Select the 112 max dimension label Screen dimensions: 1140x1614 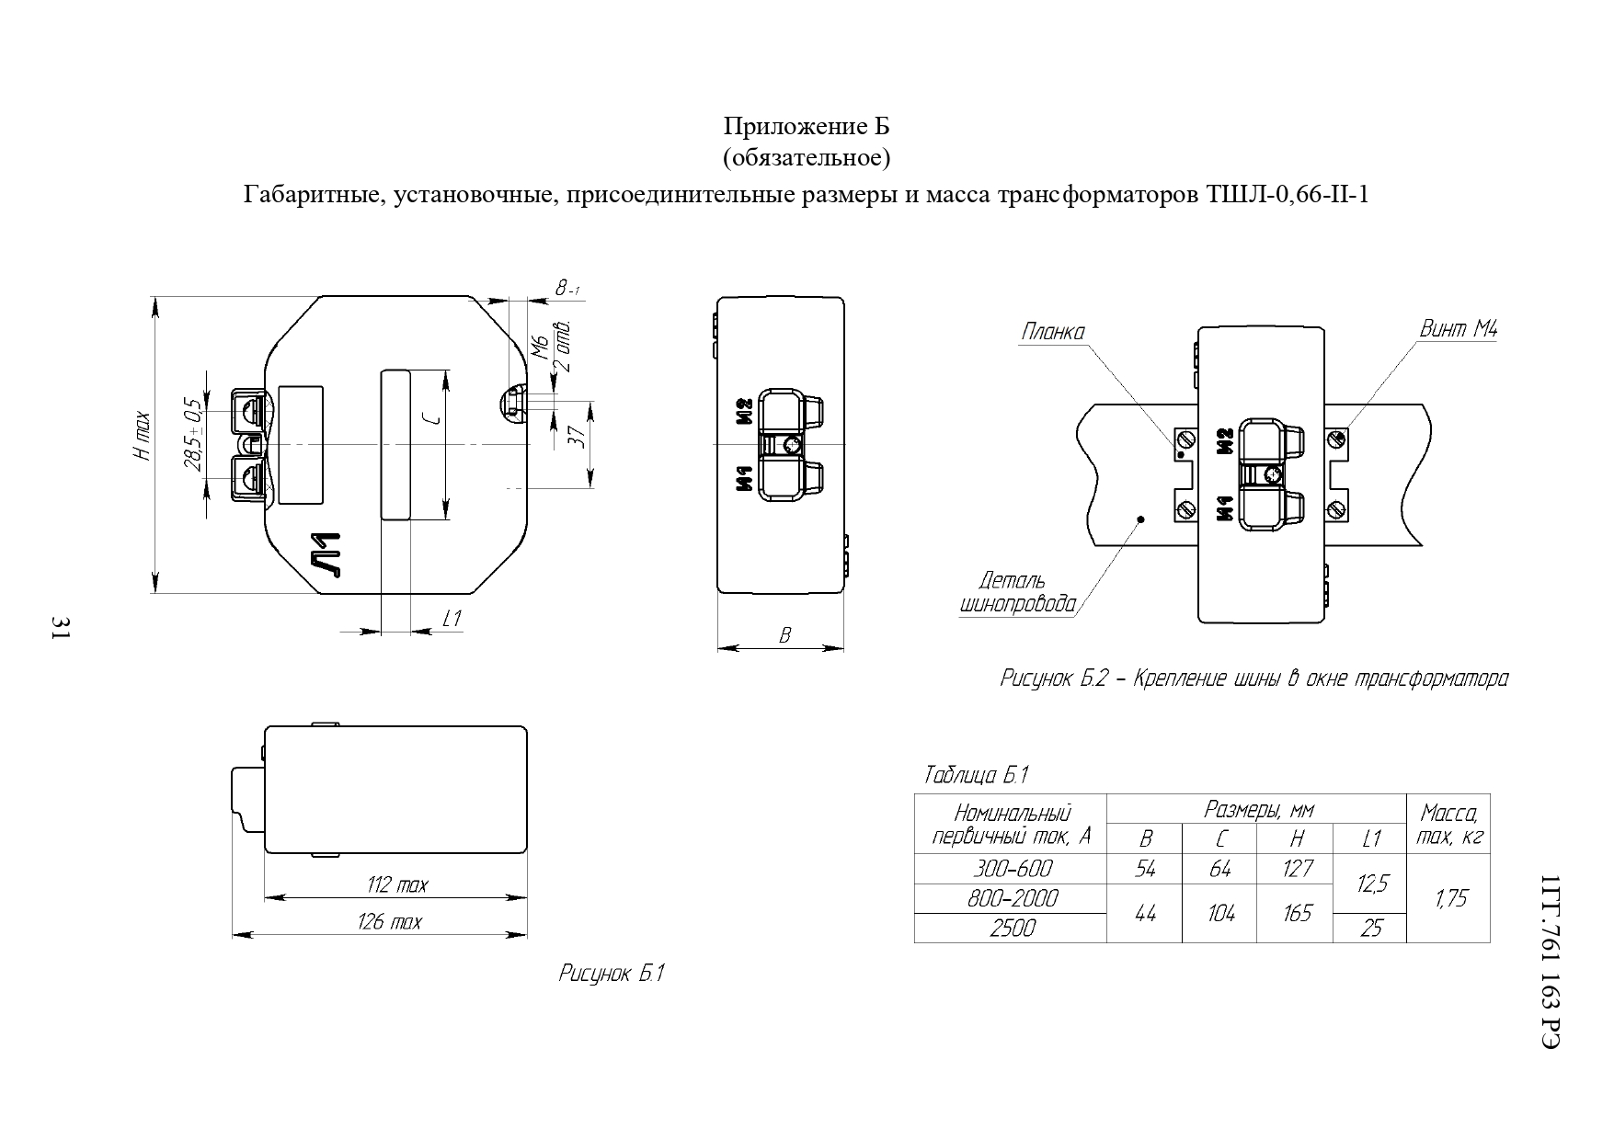[x=396, y=885]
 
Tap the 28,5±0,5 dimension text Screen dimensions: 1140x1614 [x=192, y=435]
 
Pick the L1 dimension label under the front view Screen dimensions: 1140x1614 [x=452, y=619]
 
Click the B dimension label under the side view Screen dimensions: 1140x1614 [x=784, y=635]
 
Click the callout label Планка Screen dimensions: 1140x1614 [x=1052, y=332]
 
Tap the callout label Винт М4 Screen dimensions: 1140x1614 [x=1458, y=328]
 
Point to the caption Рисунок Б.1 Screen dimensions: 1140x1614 [x=612, y=974]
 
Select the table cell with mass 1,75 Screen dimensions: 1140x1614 [x=1450, y=898]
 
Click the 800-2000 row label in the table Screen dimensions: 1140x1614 [x=1012, y=898]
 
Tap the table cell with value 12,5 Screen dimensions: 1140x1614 [x=1371, y=883]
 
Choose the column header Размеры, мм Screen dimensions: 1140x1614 [x=1258, y=809]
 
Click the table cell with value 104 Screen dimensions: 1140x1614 [x=1219, y=913]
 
